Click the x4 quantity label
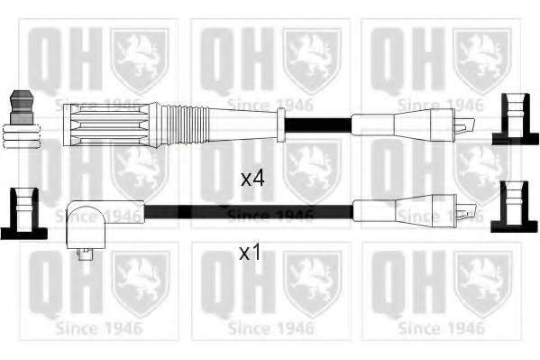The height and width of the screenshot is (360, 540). (252, 179)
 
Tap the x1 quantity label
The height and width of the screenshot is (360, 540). (251, 254)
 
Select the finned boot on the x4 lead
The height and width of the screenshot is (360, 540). (110, 125)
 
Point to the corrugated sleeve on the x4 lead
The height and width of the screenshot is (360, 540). (187, 125)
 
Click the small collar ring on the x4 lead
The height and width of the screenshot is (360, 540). (281, 125)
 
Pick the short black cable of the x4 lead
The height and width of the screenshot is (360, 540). (318, 125)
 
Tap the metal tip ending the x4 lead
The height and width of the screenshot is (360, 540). (464, 125)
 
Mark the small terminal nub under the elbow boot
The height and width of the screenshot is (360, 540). (85, 254)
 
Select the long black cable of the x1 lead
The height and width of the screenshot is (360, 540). (249, 211)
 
